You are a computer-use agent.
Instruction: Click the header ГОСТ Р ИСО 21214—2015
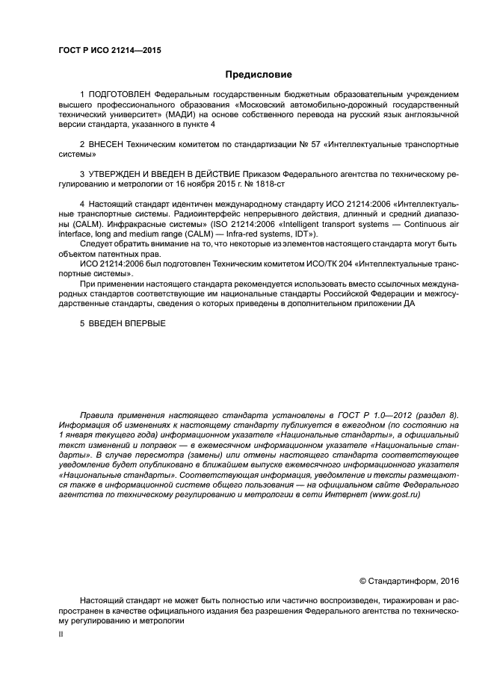[x=109, y=51]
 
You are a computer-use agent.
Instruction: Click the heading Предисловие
[x=259, y=75]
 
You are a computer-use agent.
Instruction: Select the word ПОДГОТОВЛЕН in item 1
[x=120, y=94]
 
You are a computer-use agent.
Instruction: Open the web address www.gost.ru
[x=393, y=493]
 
